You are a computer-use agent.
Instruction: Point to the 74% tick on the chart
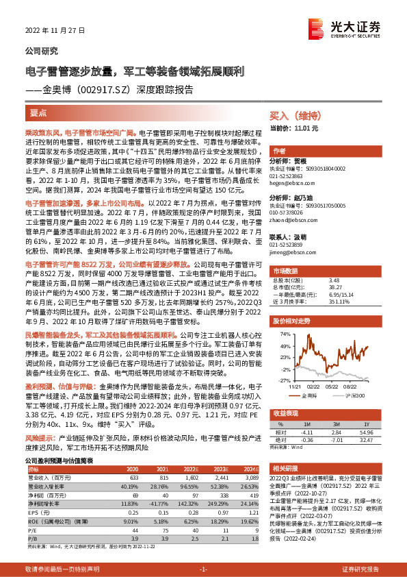pos(284,315)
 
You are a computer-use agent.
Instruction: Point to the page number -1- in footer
pos(203,569)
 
